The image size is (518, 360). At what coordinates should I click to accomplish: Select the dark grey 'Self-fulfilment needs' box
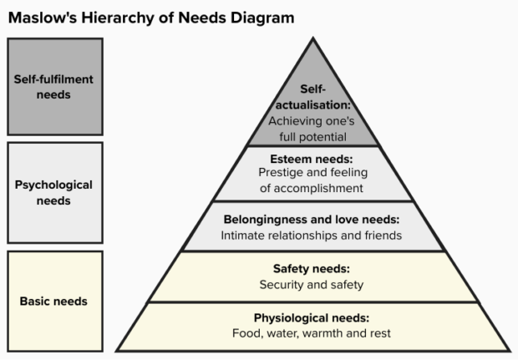(x=54, y=87)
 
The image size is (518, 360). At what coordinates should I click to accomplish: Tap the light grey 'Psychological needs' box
(x=54, y=193)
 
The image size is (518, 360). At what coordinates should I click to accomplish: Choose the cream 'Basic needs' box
(x=54, y=301)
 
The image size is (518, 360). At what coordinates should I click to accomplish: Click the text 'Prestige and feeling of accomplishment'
(x=312, y=180)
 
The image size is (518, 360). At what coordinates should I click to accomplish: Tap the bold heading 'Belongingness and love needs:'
(x=312, y=220)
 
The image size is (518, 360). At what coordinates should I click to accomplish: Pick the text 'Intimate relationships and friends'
(x=312, y=236)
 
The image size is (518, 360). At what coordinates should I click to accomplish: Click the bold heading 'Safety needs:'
(x=312, y=269)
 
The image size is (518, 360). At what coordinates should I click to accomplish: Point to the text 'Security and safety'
(x=312, y=285)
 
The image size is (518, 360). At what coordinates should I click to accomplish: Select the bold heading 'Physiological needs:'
(x=312, y=318)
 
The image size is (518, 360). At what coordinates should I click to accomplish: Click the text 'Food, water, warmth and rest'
(x=312, y=334)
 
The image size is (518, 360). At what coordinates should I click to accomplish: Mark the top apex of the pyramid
(x=312, y=39)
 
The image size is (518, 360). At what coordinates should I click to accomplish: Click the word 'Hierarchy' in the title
(x=114, y=16)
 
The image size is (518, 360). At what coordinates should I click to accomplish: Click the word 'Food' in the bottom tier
(x=246, y=334)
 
